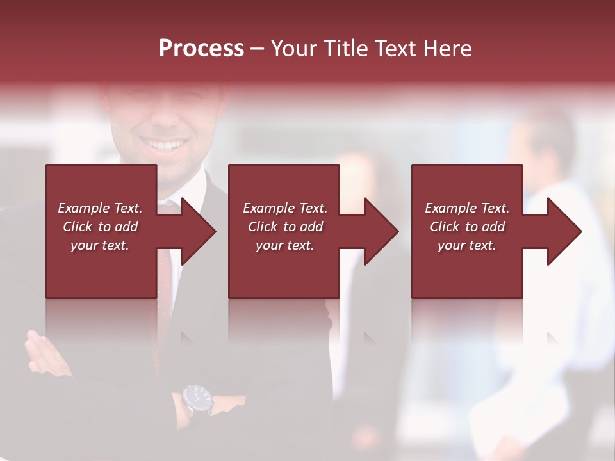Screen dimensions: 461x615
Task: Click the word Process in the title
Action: (201, 49)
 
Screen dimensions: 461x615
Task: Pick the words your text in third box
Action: (467, 245)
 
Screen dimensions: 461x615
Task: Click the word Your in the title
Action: (294, 49)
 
